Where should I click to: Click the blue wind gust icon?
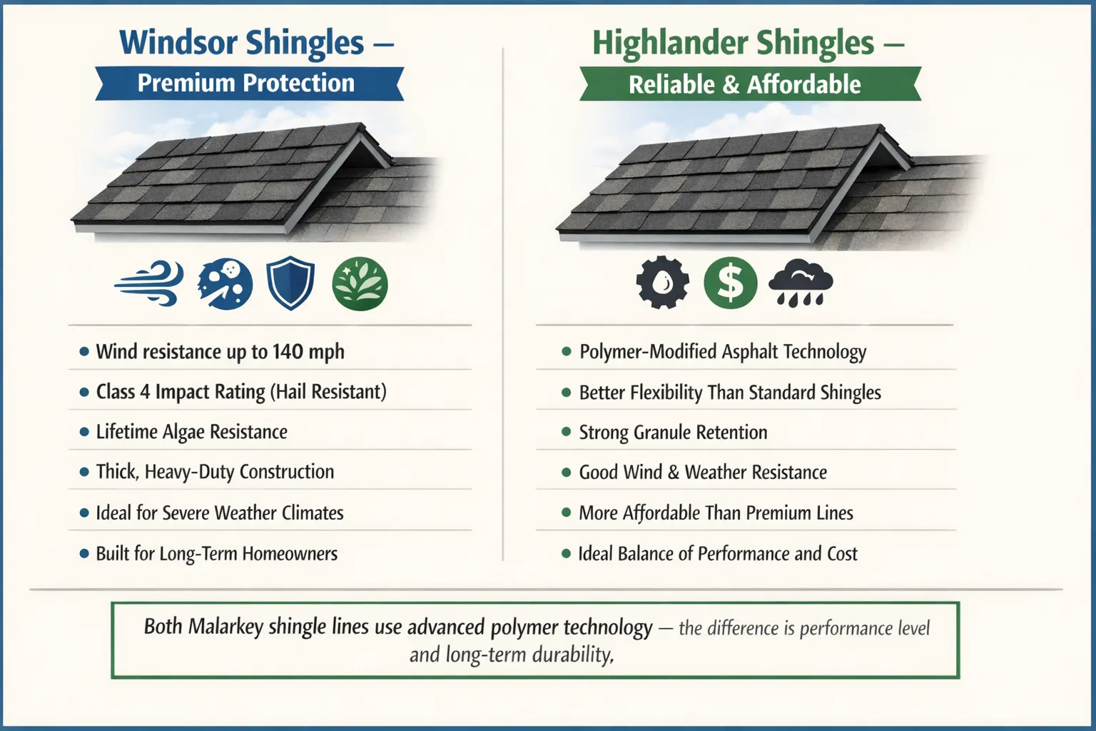[x=149, y=283]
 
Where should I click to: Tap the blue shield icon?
[x=290, y=283]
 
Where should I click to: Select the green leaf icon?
[x=360, y=283]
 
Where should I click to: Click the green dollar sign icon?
[x=730, y=283]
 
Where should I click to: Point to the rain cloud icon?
[x=801, y=283]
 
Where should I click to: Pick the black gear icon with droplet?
[x=662, y=283]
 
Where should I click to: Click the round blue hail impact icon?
[x=225, y=283]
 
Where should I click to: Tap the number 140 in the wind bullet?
[x=288, y=351]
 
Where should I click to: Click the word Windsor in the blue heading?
[x=178, y=43]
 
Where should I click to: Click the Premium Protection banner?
[x=246, y=84]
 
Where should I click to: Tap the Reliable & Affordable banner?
[x=744, y=85]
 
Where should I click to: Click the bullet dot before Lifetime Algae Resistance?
[x=84, y=432]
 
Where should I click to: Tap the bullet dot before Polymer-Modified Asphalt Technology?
[x=567, y=351]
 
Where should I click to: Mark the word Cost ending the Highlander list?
[x=842, y=553]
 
